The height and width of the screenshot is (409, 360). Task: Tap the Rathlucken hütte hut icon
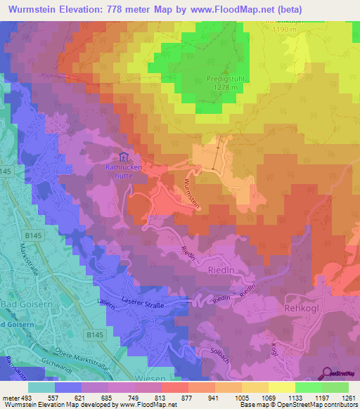[124, 157]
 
